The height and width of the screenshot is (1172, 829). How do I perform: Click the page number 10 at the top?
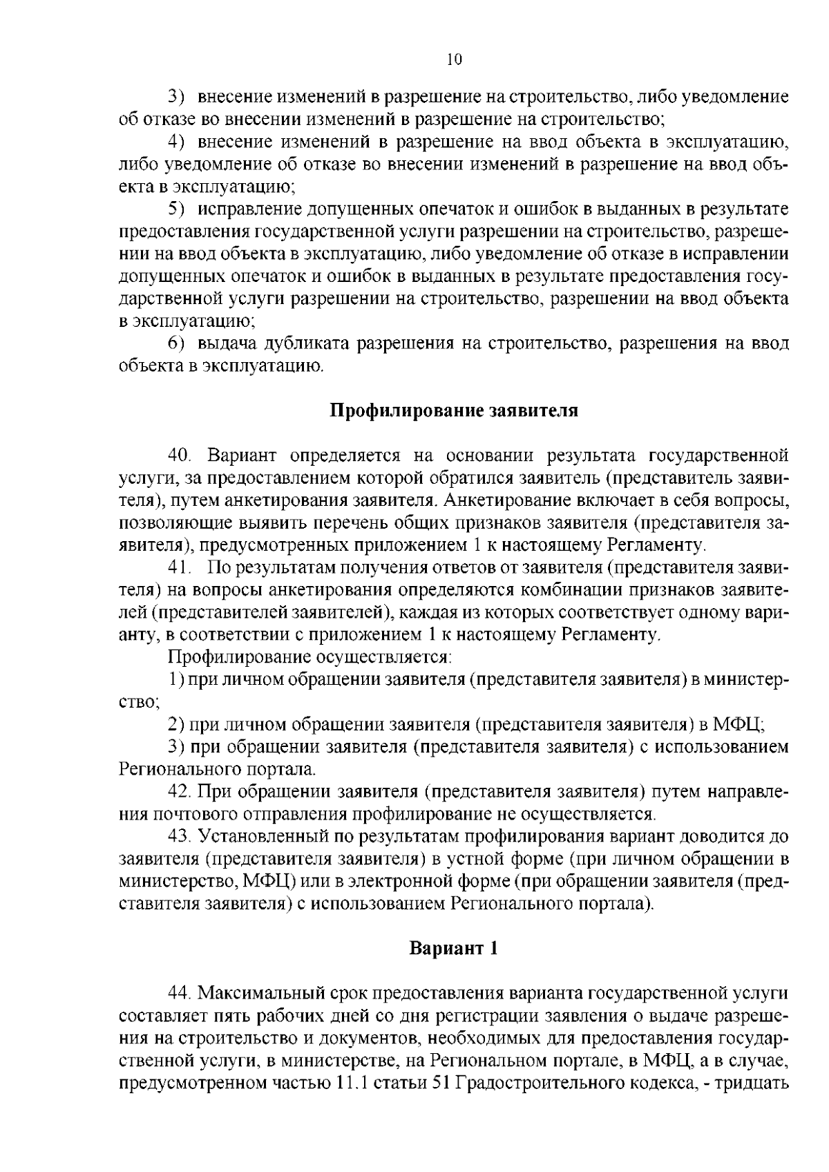(453, 59)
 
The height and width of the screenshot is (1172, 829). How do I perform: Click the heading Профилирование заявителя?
(453, 411)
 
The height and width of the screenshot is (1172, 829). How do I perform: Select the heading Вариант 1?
(453, 948)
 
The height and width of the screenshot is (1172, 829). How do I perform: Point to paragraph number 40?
(181, 456)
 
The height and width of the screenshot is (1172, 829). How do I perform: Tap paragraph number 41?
(179, 568)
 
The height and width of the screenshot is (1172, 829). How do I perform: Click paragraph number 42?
(180, 791)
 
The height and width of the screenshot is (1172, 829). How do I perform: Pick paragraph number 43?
(180, 836)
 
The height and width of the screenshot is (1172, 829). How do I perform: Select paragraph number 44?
(180, 993)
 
